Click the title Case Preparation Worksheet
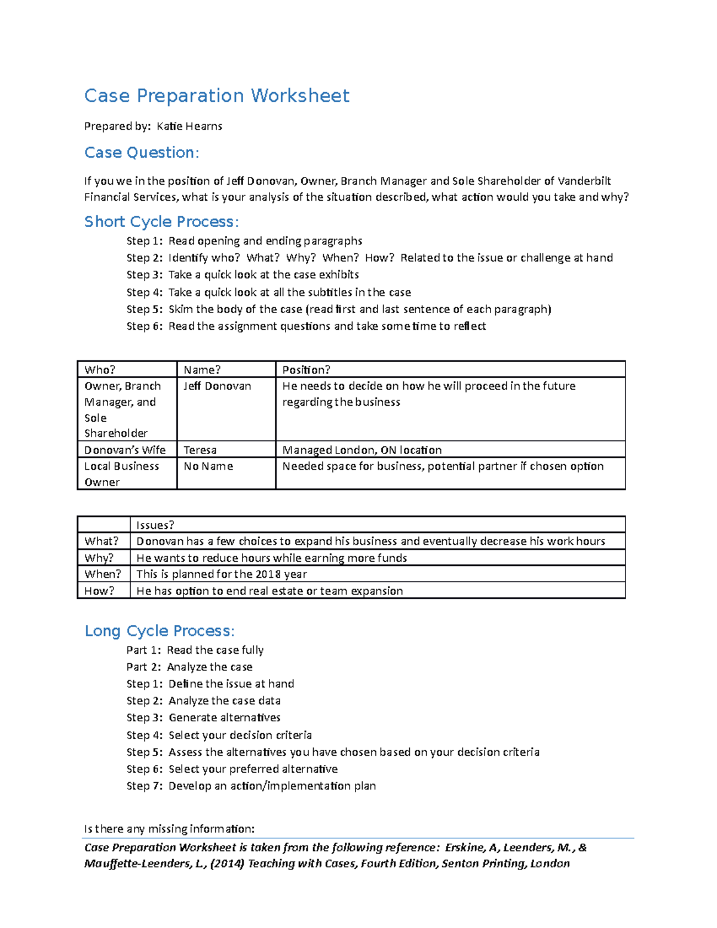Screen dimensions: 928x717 (x=216, y=96)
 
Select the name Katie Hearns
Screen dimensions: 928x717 (x=189, y=126)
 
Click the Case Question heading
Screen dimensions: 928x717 (x=141, y=153)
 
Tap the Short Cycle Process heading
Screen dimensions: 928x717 (x=161, y=222)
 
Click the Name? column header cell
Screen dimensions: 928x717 (x=202, y=370)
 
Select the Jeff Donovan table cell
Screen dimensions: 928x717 (x=217, y=387)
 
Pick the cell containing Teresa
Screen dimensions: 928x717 (x=200, y=450)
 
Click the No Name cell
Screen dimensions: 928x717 (x=208, y=466)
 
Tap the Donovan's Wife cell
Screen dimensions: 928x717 (x=124, y=450)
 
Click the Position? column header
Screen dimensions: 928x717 (x=306, y=370)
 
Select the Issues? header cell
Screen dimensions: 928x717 (x=155, y=525)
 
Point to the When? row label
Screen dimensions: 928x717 (x=102, y=574)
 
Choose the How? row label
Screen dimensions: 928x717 (x=99, y=591)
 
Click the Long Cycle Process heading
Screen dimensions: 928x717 (x=160, y=631)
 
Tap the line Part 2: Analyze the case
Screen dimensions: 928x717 (x=189, y=667)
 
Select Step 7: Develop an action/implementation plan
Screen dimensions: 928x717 (x=251, y=786)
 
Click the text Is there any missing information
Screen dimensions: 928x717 (x=169, y=829)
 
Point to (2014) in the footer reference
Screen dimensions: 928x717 (x=227, y=863)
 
